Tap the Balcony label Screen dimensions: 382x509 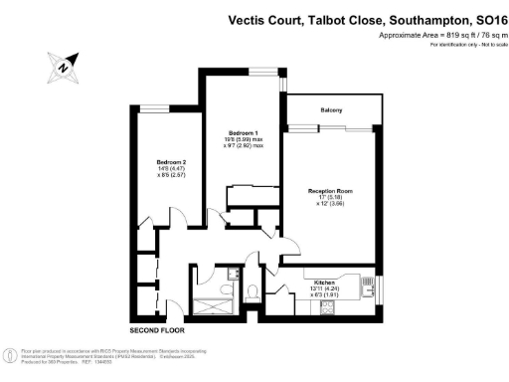(331, 110)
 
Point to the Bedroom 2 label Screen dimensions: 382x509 (172, 162)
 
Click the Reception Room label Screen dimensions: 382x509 (330, 189)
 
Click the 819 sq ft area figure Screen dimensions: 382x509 (445, 36)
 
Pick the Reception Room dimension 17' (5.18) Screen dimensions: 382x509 (330, 198)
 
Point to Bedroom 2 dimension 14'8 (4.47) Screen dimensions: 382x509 (172, 170)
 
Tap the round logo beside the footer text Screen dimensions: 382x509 (10, 355)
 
